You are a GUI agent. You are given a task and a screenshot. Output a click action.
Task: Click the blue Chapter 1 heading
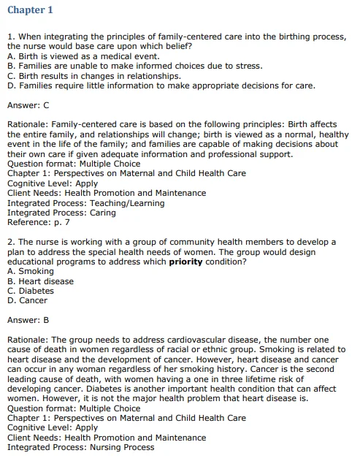point(30,9)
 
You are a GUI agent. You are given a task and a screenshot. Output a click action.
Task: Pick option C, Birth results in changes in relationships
point(94,75)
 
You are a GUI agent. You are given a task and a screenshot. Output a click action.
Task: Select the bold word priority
point(186,262)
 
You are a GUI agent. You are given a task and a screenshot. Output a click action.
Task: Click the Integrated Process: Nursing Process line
point(81,447)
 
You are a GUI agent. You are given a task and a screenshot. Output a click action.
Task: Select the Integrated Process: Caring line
point(62,213)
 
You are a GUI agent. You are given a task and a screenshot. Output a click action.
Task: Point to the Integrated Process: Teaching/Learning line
point(86,203)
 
